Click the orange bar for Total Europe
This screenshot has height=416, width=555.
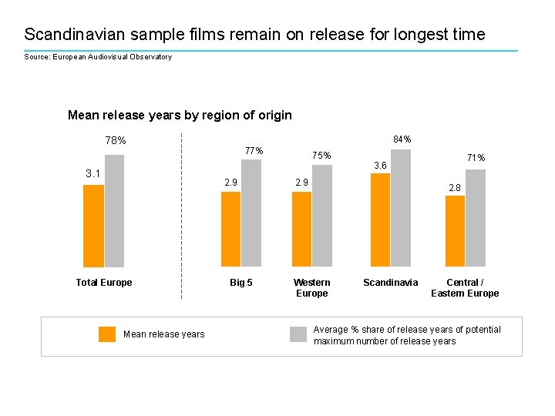pyautogui.click(x=93, y=226)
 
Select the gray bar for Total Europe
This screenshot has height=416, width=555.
pyautogui.click(x=114, y=211)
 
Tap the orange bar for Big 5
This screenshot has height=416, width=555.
pyautogui.click(x=230, y=230)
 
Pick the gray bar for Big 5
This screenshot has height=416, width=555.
pyautogui.click(x=251, y=213)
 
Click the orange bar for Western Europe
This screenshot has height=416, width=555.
pyautogui.click(x=301, y=230)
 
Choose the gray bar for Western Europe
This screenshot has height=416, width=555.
pyautogui.click(x=322, y=216)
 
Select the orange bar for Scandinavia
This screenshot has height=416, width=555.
pyautogui.click(x=380, y=220)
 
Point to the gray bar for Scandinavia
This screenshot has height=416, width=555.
pyautogui.click(x=401, y=208)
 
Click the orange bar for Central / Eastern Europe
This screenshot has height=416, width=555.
pyautogui.click(x=456, y=231)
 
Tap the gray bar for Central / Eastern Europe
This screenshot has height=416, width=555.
pyautogui.click(x=476, y=218)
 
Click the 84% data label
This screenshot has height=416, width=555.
pyautogui.click(x=402, y=139)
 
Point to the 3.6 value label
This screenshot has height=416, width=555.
pyautogui.click(x=380, y=165)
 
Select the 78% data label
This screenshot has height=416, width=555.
pyautogui.click(x=116, y=141)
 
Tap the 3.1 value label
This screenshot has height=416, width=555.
pyautogui.click(x=93, y=173)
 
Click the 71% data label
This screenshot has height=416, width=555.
pyautogui.click(x=476, y=158)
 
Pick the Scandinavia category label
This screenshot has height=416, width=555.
pyautogui.click(x=390, y=283)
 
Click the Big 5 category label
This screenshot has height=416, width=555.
pyautogui.click(x=241, y=283)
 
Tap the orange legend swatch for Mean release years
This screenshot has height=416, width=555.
pyautogui.click(x=107, y=334)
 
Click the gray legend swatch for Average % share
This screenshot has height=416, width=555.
pyautogui.click(x=298, y=334)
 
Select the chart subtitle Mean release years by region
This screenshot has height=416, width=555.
pyautogui.click(x=180, y=116)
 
